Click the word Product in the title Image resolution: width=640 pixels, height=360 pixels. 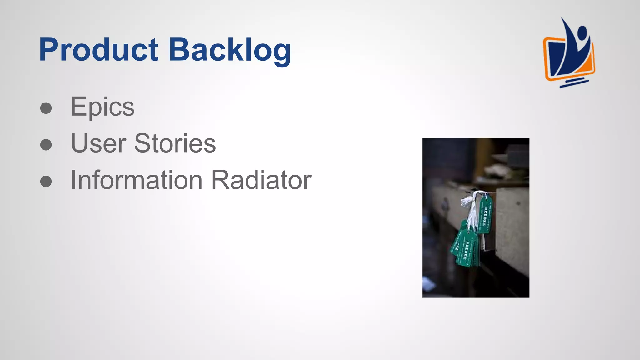pos(98,50)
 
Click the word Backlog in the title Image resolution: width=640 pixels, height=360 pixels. pos(230,50)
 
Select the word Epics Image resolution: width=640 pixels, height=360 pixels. pos(102,107)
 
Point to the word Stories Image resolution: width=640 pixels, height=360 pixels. pos(175,143)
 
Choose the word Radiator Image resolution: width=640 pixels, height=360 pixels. pos(261,180)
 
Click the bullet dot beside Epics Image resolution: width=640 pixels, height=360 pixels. pos(46,108)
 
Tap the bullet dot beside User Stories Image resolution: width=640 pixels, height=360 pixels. pos(46,145)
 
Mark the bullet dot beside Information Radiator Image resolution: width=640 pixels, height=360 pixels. pos(46,181)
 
